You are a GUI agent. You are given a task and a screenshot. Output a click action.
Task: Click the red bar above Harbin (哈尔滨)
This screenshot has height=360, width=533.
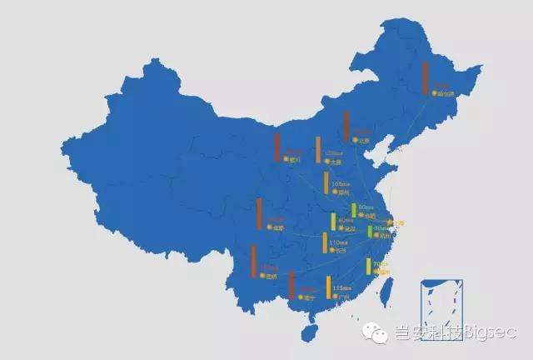click(426, 78)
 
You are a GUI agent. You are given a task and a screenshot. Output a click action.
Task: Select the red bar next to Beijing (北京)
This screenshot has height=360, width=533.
click(346, 126)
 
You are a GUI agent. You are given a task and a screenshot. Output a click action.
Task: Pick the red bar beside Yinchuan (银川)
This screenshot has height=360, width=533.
click(277, 146)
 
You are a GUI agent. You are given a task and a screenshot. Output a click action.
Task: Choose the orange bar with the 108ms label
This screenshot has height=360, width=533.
click(326, 182)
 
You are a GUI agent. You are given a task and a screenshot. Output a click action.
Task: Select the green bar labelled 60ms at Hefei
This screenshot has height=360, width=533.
click(354, 210)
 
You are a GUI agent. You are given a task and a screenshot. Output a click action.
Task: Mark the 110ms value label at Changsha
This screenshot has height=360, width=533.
click(338, 242)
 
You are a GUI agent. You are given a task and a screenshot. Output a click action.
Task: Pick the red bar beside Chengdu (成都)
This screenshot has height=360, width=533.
click(260, 213)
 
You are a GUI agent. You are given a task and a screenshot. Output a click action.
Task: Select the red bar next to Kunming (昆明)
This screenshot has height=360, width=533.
click(253, 261)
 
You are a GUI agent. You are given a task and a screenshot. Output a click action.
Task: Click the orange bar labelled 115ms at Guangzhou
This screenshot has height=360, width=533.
click(328, 287)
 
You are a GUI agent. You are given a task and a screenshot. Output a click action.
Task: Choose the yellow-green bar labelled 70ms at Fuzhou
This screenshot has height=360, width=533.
click(368, 267)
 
